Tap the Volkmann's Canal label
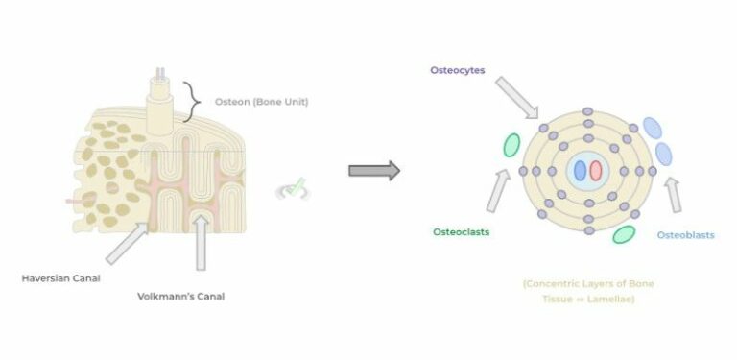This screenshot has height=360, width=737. [x=181, y=296]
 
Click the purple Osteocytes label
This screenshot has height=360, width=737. [x=457, y=70]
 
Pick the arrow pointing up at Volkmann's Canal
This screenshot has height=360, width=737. [x=201, y=243]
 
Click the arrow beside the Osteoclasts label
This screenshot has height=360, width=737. [x=499, y=190]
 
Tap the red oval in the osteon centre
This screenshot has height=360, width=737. [x=596, y=171]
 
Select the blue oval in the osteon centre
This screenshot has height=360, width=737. [x=580, y=171]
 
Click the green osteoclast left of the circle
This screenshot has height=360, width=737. [x=511, y=144]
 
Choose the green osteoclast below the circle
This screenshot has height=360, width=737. [x=624, y=233]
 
